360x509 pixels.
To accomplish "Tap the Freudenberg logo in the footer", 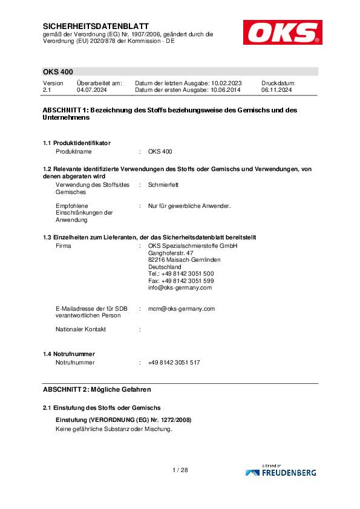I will (280, 472).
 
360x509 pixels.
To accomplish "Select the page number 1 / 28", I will (180, 470).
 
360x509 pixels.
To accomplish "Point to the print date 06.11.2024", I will (277, 89).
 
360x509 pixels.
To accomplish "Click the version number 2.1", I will (47, 89).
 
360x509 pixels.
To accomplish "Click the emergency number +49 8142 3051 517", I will (174, 362).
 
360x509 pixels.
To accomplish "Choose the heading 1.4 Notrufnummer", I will (69, 353).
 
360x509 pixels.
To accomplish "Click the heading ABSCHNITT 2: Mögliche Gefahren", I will (97, 389).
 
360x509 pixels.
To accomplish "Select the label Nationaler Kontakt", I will (80, 329).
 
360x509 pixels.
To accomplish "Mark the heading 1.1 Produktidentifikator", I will (77, 143).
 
